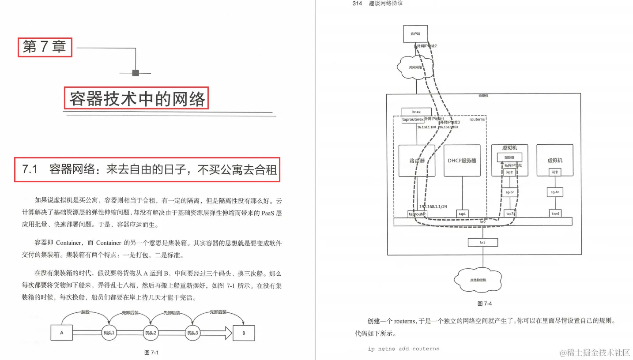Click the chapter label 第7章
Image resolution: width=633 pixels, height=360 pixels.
44,47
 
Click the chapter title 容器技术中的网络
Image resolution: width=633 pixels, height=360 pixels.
137,99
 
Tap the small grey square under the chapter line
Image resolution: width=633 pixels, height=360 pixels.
136,73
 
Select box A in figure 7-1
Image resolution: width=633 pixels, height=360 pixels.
62,333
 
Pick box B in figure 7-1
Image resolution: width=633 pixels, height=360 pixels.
244,333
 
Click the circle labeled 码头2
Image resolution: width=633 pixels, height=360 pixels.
151,333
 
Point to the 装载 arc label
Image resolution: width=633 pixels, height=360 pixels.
85,312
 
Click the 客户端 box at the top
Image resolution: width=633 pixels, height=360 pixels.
416,34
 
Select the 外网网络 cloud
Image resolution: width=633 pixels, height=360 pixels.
416,67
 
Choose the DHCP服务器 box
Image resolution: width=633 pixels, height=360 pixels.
462,161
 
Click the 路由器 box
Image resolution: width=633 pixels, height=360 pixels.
417,161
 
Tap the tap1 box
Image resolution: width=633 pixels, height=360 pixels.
462,214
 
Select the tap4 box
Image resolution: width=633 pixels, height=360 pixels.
555,214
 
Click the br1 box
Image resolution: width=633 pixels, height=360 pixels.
483,242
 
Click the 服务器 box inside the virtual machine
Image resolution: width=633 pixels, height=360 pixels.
509,157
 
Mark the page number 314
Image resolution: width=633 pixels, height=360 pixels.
357,4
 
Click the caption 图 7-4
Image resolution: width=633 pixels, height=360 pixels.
484,304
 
